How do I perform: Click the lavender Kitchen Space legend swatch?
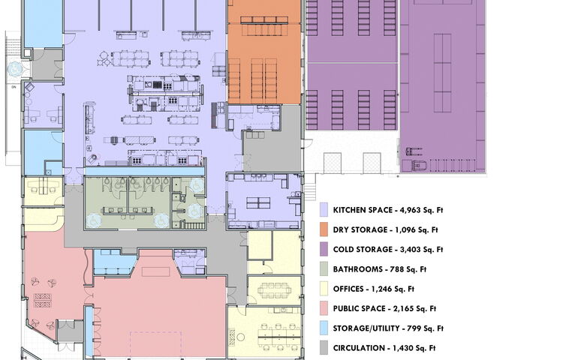pos(324,210)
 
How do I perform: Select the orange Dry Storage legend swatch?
pos(324,229)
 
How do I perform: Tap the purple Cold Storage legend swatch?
pos(324,249)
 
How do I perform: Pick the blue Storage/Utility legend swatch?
pos(324,328)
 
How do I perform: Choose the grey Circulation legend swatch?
pos(324,348)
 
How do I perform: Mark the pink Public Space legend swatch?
pos(324,308)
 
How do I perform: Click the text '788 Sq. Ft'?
pos(408,269)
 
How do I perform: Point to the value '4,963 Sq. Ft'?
pos(422,210)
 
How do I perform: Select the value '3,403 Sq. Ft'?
pos(422,250)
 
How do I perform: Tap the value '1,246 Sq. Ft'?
pos(393,289)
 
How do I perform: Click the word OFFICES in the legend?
pos(348,289)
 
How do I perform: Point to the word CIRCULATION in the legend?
pos(359,348)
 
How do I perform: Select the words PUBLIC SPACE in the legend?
pos(359,309)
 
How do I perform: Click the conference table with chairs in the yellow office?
pos(275,290)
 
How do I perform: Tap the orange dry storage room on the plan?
pos(264,52)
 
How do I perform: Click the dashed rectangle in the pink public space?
pos(155,344)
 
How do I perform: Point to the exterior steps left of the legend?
pos(310,187)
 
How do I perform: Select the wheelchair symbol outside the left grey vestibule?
pos(14,69)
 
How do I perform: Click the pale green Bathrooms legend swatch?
pos(324,269)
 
